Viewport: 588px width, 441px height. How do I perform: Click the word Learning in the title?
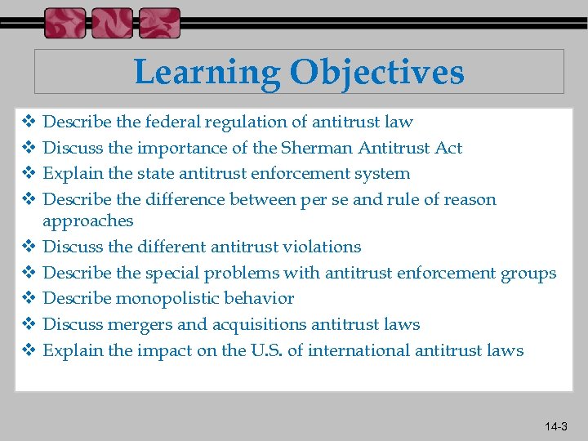pyautogui.click(x=204, y=73)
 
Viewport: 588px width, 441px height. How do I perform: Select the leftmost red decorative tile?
pyautogui.click(x=65, y=23)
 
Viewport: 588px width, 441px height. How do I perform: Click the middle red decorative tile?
pyautogui.click(x=112, y=23)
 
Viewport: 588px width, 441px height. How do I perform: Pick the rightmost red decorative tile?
pyautogui.click(x=159, y=23)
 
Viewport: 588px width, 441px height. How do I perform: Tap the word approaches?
pyautogui.click(x=87, y=221)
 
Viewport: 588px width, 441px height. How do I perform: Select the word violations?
pyautogui.click(x=322, y=247)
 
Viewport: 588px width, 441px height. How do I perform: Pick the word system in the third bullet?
pyautogui.click(x=383, y=174)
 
